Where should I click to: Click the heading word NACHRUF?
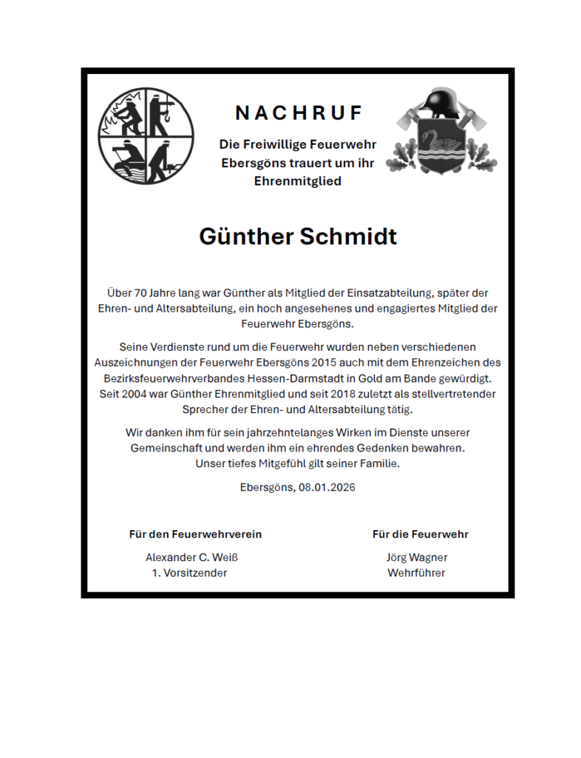(299, 113)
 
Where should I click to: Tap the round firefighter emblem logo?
(147, 136)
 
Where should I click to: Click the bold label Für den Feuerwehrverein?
(195, 534)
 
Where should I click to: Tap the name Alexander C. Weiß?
(191, 557)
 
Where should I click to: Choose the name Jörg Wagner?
(417, 557)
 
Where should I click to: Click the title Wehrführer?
(416, 573)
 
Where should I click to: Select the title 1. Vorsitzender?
(190, 573)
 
